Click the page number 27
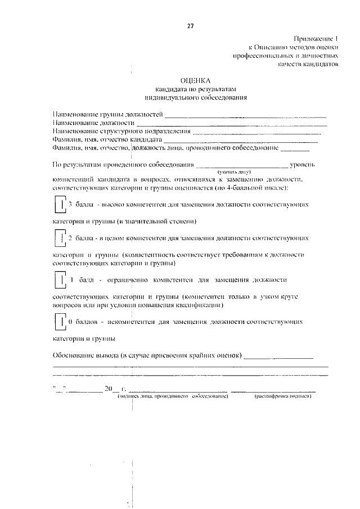[x=191, y=25]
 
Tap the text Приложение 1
[x=316, y=38]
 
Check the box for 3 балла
[x=59, y=205]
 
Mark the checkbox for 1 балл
[x=59, y=280]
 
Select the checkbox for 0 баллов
[x=59, y=322]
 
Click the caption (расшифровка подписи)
[x=283, y=397]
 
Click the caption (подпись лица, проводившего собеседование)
[x=172, y=397]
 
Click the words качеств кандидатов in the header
[x=308, y=64]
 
